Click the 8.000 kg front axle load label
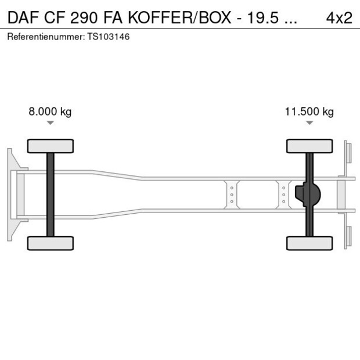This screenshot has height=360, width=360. coord(50,112)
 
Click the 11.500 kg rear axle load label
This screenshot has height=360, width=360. coord(309,112)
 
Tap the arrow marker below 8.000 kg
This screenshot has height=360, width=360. coord(51,123)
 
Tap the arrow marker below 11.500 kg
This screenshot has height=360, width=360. coord(309,123)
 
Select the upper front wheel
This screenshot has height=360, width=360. coord(51,146)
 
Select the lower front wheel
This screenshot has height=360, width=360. coord(51,243)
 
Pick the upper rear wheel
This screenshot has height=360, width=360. coord(309,146)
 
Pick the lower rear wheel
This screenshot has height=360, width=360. coord(309,243)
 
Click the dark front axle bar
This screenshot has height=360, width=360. coord(51,195)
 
